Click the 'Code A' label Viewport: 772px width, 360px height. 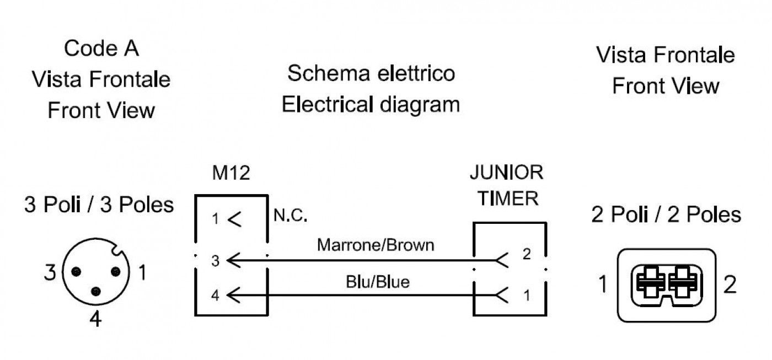coord(101,48)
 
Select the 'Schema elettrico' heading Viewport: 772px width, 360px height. coord(371,73)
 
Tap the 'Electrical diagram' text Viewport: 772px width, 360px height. coord(371,104)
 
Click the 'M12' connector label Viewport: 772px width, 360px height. coord(231,173)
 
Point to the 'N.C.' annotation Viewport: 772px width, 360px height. coord(290,216)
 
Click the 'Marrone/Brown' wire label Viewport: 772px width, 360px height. coord(376,245)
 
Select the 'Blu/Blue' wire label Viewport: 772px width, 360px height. coord(377,282)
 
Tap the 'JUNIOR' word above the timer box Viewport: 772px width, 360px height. coord(506,172)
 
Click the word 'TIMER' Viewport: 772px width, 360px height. coord(508,198)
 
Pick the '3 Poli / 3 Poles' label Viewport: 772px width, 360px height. coord(99,205)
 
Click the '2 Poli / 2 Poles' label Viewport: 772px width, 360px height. coord(666,214)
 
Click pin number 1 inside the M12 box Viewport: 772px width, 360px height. coord(216,219)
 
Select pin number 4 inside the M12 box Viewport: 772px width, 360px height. coord(216,295)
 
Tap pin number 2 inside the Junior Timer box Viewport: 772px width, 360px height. coord(527,254)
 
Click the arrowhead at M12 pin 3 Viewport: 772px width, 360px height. coord(234,260)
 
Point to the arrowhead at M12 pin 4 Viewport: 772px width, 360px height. coord(234,295)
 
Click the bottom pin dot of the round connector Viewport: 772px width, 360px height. coord(96,292)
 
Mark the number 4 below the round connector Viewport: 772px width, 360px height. coord(95,319)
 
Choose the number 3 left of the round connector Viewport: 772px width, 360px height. coord(50,272)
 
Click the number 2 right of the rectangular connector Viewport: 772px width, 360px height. coord(730,284)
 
